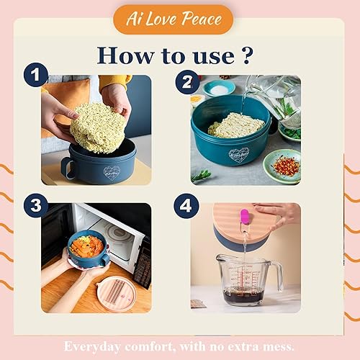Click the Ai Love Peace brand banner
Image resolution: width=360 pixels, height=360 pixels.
tap(173, 19)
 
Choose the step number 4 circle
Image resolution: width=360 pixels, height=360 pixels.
tap(186, 205)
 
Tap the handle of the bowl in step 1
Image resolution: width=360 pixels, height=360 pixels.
tap(67, 167)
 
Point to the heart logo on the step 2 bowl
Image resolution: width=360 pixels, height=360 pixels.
tap(238, 155)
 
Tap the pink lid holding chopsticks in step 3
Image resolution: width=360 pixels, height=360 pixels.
tap(115, 293)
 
